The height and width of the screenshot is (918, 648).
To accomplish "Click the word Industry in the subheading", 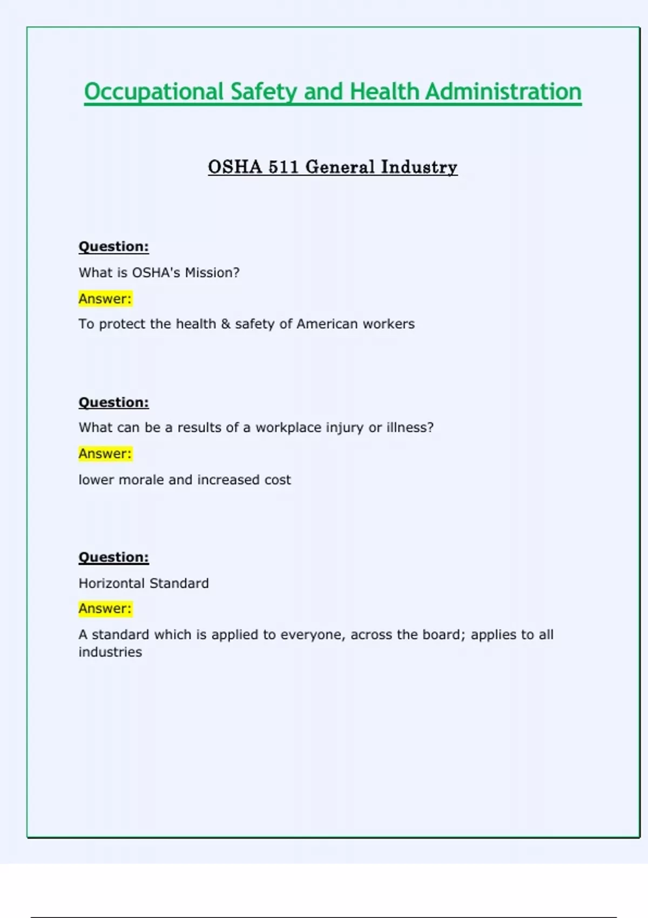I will [x=419, y=167].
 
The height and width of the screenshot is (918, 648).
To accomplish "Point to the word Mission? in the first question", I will [x=212, y=273].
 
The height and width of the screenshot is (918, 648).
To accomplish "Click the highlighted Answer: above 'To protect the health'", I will [x=105, y=299].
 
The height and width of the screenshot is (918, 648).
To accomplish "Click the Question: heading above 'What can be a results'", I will [x=113, y=402].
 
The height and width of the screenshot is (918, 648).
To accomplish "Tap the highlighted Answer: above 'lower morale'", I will [x=105, y=454].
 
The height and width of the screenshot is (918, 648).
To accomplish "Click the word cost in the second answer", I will [x=278, y=480].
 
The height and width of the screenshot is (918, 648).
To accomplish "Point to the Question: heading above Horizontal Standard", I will [x=113, y=557].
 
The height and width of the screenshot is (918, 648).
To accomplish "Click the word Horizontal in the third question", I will [x=111, y=583].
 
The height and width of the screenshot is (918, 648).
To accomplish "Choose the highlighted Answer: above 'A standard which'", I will [x=105, y=609].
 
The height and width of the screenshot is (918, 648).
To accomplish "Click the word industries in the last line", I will [x=110, y=652].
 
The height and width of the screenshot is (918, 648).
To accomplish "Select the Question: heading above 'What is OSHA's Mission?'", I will [x=113, y=247].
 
